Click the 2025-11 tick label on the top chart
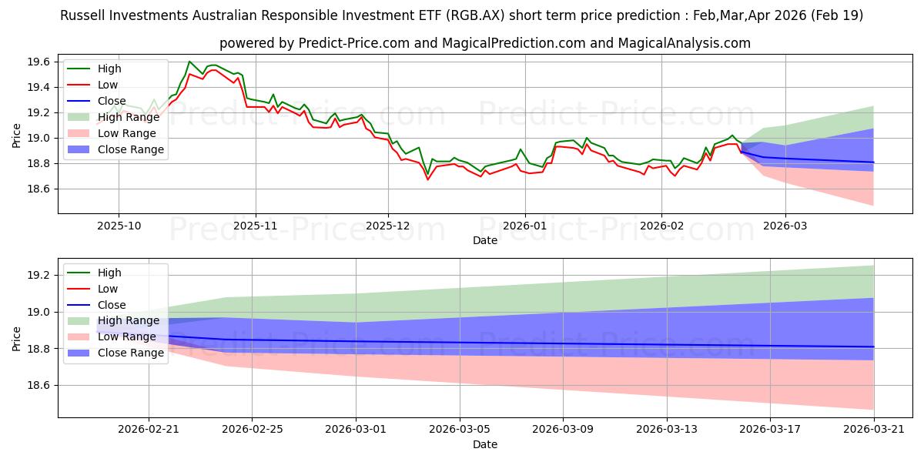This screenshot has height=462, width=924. (x=256, y=226)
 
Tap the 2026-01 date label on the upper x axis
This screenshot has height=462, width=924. (x=524, y=226)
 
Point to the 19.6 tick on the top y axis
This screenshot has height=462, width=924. (x=38, y=62)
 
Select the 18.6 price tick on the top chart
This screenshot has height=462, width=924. (x=38, y=189)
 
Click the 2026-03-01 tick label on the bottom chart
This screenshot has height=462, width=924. (x=356, y=430)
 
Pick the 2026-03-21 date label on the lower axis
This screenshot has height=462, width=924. (x=874, y=430)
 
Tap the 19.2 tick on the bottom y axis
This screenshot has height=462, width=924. (x=38, y=275)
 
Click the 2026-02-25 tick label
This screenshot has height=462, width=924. (x=252, y=430)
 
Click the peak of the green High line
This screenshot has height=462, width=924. (x=189, y=62)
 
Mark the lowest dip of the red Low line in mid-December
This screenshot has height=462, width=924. (x=428, y=179)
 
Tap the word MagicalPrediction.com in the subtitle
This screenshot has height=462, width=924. (x=514, y=43)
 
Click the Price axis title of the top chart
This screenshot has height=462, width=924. (x=16, y=136)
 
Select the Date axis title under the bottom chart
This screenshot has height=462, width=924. (x=485, y=445)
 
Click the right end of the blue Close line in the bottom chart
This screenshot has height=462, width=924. (x=874, y=346)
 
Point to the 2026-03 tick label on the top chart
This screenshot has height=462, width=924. (x=785, y=226)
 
